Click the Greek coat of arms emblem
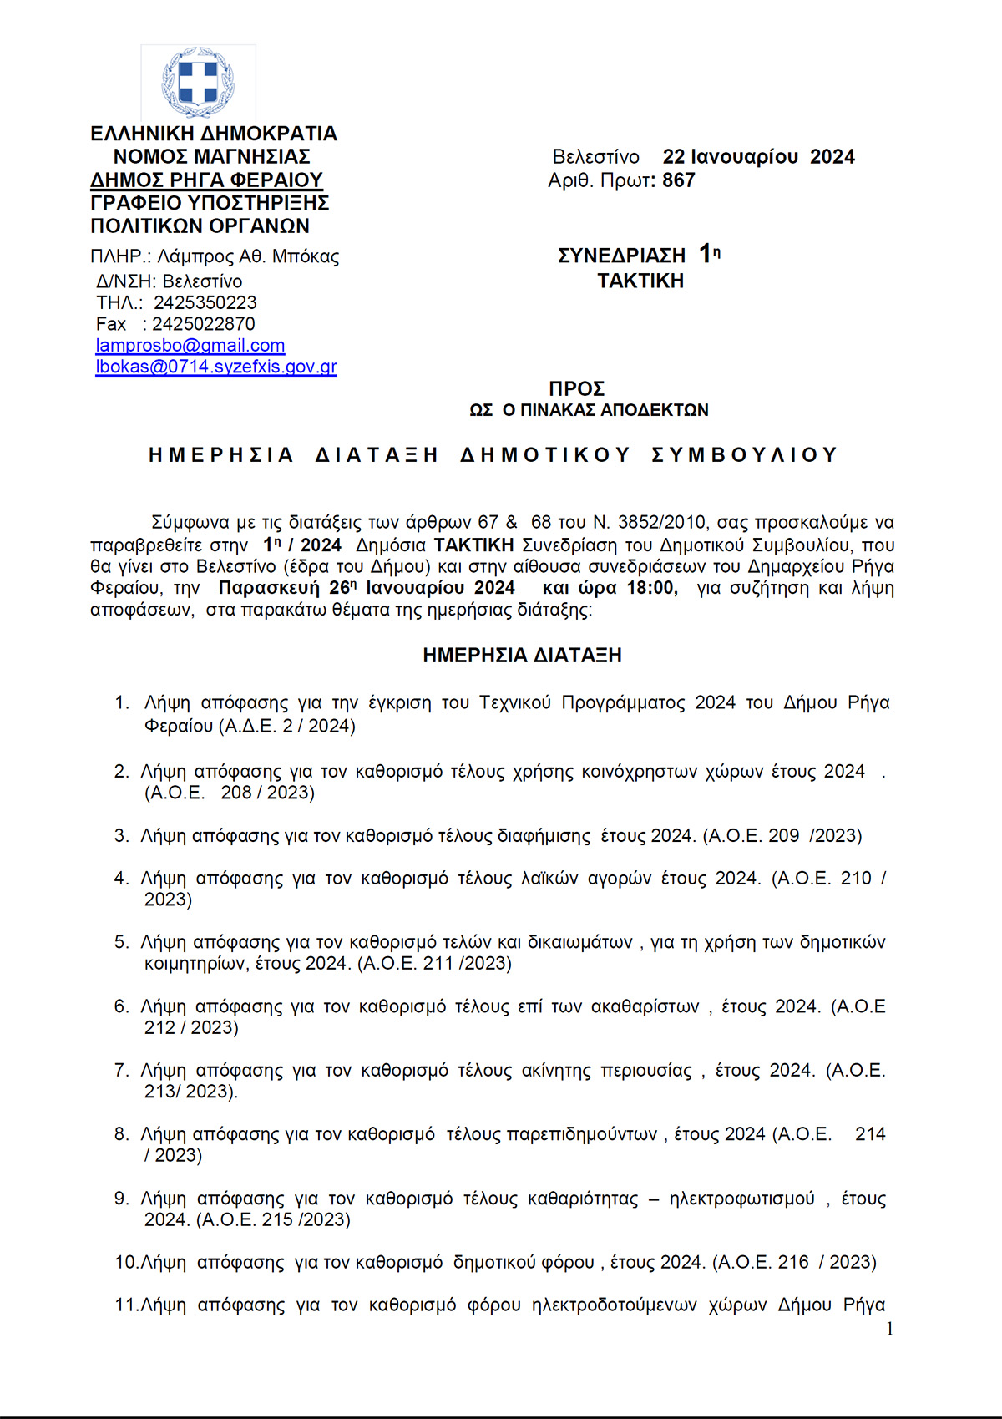[198, 82]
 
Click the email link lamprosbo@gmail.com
[190, 345]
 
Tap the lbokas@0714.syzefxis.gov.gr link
[216, 367]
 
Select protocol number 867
[679, 180]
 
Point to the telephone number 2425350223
[205, 302]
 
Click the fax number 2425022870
[204, 324]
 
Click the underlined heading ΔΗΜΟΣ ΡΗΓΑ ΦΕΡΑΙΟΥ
[206, 180]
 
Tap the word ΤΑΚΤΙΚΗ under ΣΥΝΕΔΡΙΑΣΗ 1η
[640, 281]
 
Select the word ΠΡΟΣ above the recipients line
[577, 389]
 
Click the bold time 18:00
[650, 588]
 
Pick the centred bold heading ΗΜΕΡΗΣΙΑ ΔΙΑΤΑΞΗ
[522, 656]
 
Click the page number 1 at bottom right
[889, 1329]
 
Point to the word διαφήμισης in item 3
[545, 836]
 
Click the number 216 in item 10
[793, 1262]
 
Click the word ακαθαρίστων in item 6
[645, 1006]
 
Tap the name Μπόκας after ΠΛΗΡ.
[306, 256]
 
